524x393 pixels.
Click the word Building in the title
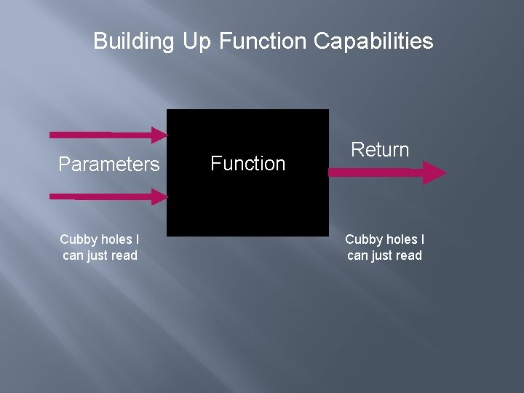coord(134,41)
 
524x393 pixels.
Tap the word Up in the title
coord(196,41)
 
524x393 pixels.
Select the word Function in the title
coord(263,41)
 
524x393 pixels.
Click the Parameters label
coord(108,164)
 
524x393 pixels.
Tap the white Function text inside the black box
coord(248,164)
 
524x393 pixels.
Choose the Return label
coord(380,150)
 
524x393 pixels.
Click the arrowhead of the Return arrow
coord(434,172)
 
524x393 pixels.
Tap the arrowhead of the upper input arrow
coord(160,134)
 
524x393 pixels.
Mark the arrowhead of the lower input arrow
coord(160,196)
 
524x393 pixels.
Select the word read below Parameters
coord(124,255)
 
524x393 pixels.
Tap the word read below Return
coord(408,255)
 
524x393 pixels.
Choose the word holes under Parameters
coord(115,239)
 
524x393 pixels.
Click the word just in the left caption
coord(96,255)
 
